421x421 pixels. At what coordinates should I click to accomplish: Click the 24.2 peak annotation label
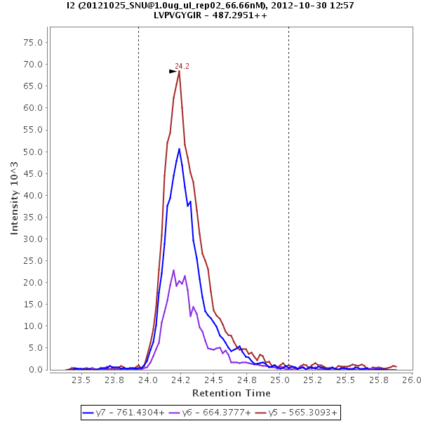182,66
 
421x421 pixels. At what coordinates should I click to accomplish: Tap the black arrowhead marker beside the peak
173,71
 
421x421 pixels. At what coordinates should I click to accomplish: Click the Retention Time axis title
231,392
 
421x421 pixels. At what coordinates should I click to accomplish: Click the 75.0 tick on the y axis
34,42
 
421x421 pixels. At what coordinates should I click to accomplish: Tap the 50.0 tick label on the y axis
34,152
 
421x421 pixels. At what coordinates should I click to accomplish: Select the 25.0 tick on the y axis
34,261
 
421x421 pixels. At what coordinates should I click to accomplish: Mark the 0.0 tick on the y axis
37,370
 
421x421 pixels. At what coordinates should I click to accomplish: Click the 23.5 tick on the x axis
82,380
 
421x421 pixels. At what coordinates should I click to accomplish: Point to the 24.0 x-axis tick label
148,380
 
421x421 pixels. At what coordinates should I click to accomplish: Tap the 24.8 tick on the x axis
246,380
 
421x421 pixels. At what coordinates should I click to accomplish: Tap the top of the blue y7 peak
180,148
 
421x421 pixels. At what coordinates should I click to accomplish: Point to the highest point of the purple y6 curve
173,269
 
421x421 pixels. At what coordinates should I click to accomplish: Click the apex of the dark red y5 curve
179,70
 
